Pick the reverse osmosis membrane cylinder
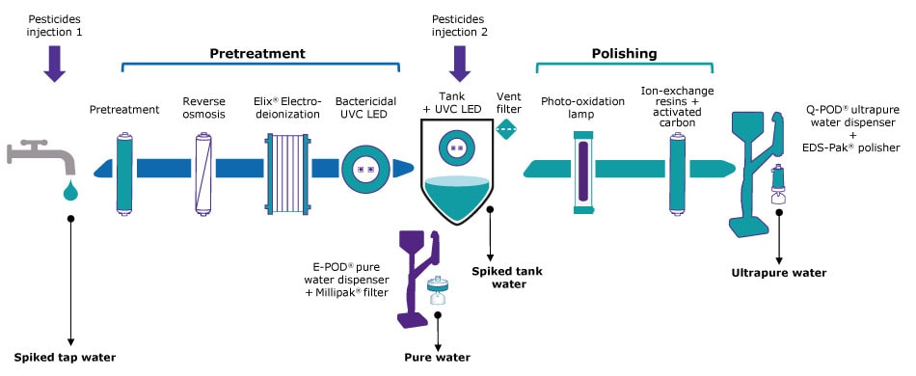click(202, 170)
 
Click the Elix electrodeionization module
click(286, 169)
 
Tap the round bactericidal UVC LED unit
click(365, 169)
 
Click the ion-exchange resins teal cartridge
click(678, 170)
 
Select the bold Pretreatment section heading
click(257, 53)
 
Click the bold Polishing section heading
click(625, 53)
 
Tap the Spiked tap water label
click(65, 358)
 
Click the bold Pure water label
click(438, 358)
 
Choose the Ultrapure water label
click(779, 273)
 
